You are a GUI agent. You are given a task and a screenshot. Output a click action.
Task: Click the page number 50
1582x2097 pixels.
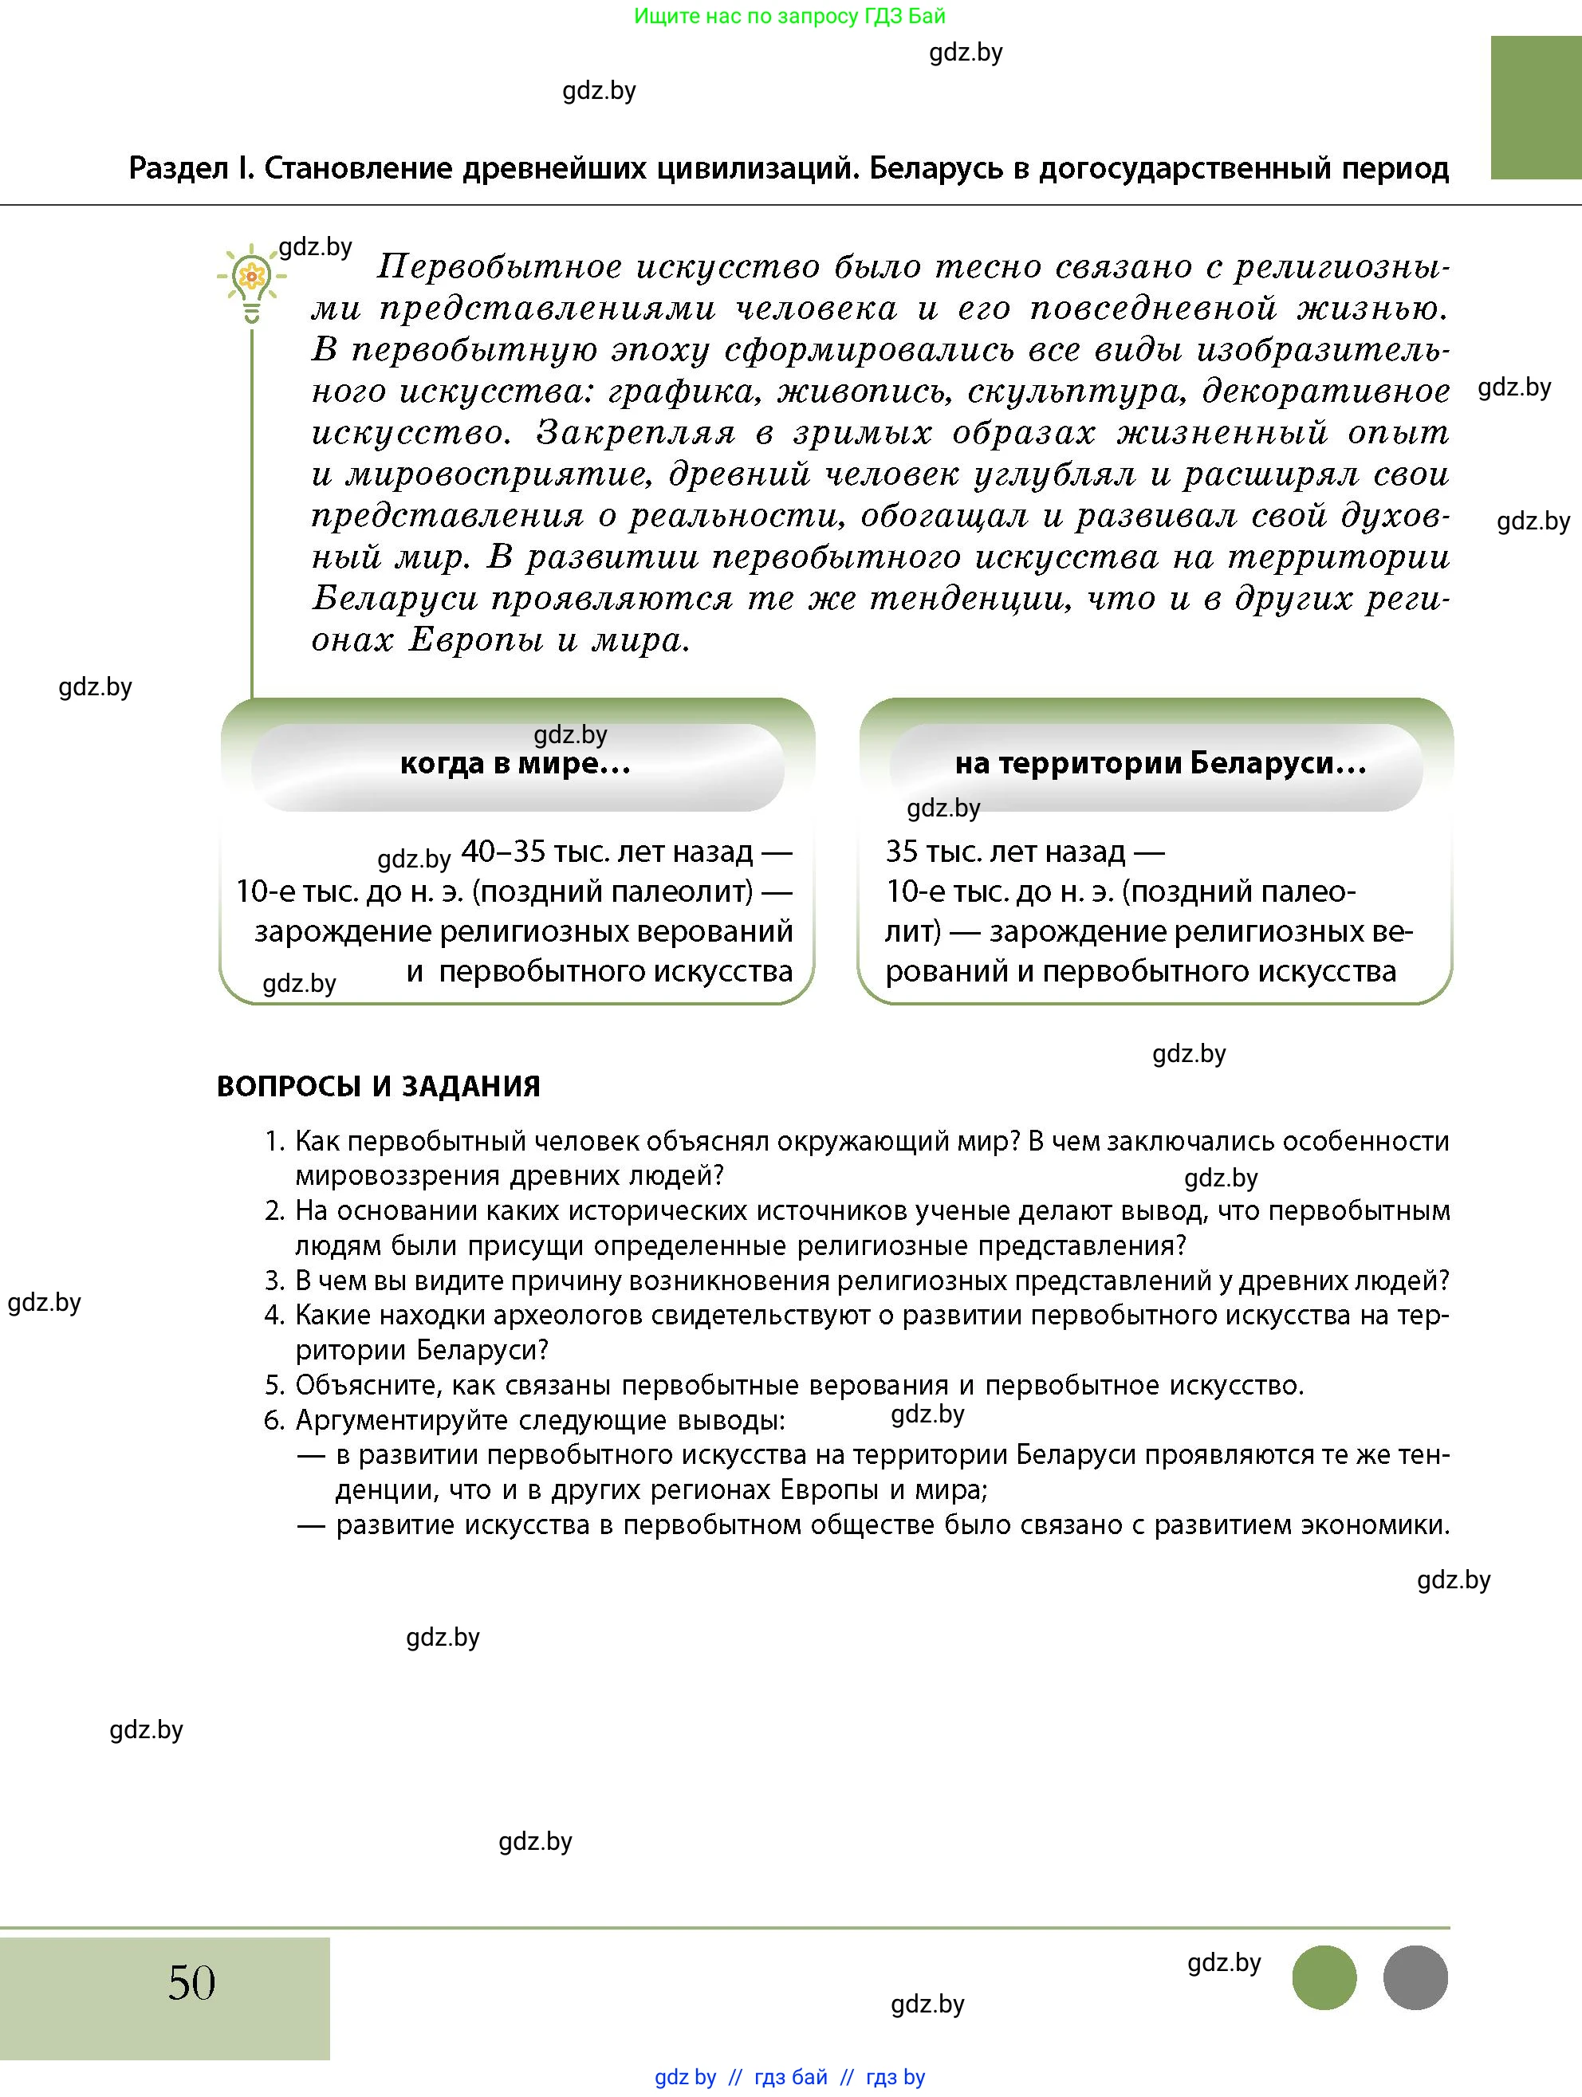(x=191, y=1982)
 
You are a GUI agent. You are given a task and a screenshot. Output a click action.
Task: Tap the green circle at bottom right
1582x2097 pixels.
(x=1324, y=1977)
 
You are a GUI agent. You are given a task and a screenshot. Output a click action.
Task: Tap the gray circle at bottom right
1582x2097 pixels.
(x=1415, y=1977)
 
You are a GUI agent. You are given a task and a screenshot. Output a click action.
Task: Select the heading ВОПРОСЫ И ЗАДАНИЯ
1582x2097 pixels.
(x=378, y=1087)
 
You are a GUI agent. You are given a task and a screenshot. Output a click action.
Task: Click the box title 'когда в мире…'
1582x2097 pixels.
(x=516, y=763)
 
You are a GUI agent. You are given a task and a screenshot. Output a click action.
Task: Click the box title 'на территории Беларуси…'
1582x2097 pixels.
(x=1160, y=763)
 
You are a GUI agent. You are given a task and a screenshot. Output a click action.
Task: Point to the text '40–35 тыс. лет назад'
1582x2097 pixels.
(x=607, y=852)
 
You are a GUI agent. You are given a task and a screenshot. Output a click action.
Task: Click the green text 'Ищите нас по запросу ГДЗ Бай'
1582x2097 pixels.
(x=789, y=16)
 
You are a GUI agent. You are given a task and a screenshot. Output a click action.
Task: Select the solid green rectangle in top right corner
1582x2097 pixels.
(x=1536, y=107)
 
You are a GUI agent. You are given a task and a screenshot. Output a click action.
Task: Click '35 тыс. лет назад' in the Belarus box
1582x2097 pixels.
(x=1005, y=852)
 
